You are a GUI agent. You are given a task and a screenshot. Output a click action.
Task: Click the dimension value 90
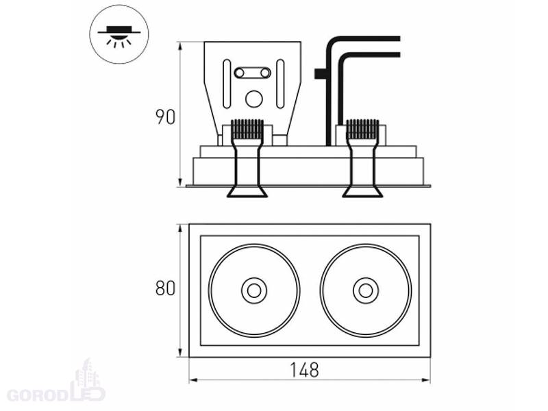point(164,116)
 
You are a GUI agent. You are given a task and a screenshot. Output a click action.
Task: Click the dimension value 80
point(164,288)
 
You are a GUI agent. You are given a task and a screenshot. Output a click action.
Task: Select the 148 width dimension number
point(304,371)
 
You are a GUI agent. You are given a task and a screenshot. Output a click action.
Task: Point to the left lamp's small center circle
point(253,290)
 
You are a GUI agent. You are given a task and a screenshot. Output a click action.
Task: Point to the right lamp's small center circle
point(365,290)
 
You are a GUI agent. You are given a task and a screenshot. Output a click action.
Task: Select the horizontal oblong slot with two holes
point(252,72)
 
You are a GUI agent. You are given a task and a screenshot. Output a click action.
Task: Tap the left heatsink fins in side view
point(247,128)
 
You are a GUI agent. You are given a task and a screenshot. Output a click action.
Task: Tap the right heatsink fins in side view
point(362,128)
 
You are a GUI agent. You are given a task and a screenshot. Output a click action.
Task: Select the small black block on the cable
point(319,72)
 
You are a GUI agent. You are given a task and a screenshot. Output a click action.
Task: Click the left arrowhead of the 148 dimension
point(192,379)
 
